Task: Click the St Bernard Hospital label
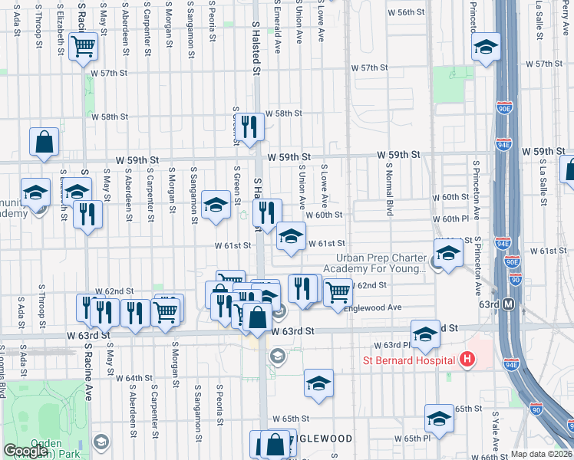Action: [410, 360]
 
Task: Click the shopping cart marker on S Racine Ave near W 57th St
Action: [83, 47]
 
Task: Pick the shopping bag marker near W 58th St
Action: [45, 141]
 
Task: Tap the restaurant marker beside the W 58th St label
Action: [249, 126]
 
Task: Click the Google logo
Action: [25, 451]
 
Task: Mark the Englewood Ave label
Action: [373, 307]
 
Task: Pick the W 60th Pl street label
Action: [455, 219]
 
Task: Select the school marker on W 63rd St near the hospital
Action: [424, 334]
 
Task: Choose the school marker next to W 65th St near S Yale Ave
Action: [439, 418]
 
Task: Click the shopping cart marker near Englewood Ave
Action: [338, 291]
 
